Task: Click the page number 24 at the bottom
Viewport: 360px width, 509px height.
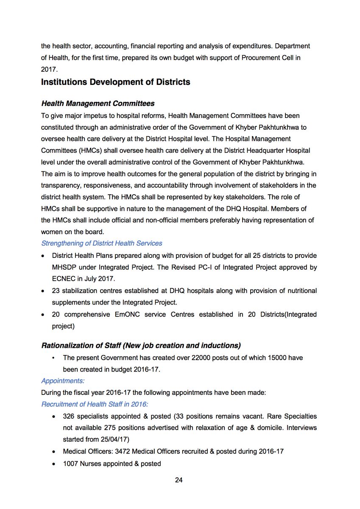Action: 179,480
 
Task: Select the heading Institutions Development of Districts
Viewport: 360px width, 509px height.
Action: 115,82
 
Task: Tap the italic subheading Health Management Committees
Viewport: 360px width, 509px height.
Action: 98,103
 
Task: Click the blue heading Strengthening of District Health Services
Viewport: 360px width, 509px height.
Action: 101,243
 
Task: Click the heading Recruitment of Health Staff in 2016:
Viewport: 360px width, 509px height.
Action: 94,404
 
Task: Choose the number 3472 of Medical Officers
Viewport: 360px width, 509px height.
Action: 127,452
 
